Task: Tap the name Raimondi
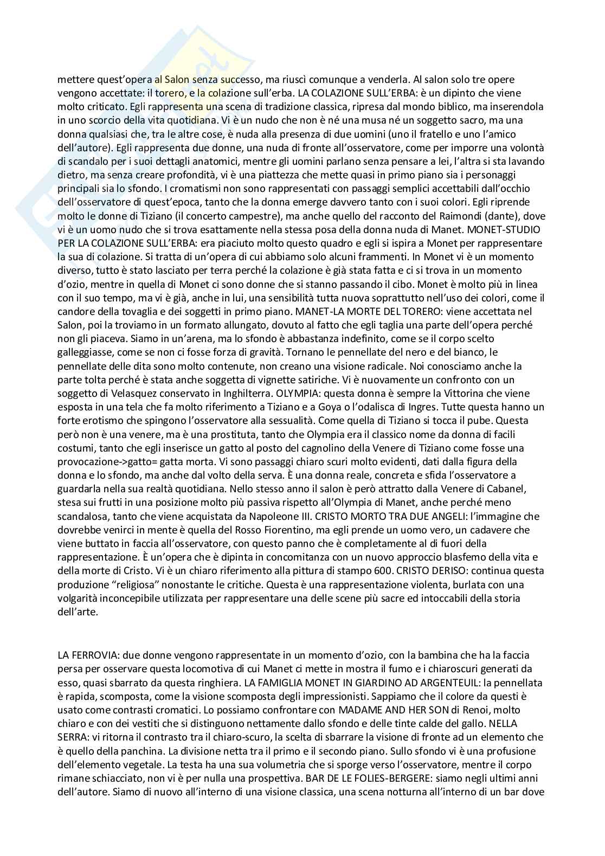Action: (x=444, y=216)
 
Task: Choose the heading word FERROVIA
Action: (x=91, y=655)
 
